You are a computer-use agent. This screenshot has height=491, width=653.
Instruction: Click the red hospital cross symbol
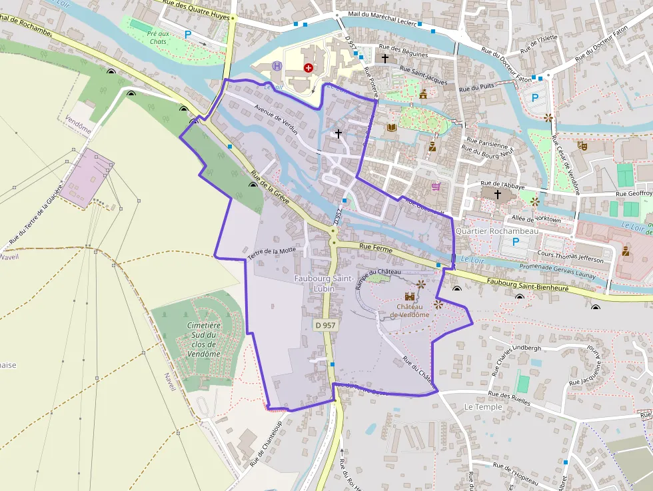tap(308, 67)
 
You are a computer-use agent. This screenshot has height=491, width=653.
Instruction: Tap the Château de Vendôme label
tap(410, 310)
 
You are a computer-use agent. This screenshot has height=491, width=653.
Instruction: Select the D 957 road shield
tap(326, 324)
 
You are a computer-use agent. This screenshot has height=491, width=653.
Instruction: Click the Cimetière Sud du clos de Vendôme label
tap(204, 340)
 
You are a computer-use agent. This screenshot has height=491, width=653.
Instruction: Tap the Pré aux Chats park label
tap(157, 37)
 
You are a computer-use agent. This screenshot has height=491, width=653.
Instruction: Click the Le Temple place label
tap(482, 406)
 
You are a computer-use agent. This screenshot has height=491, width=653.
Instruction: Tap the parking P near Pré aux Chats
tap(188, 34)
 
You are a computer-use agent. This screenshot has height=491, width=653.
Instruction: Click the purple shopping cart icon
tap(436, 187)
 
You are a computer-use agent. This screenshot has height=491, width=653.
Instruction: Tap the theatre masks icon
tap(582, 144)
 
